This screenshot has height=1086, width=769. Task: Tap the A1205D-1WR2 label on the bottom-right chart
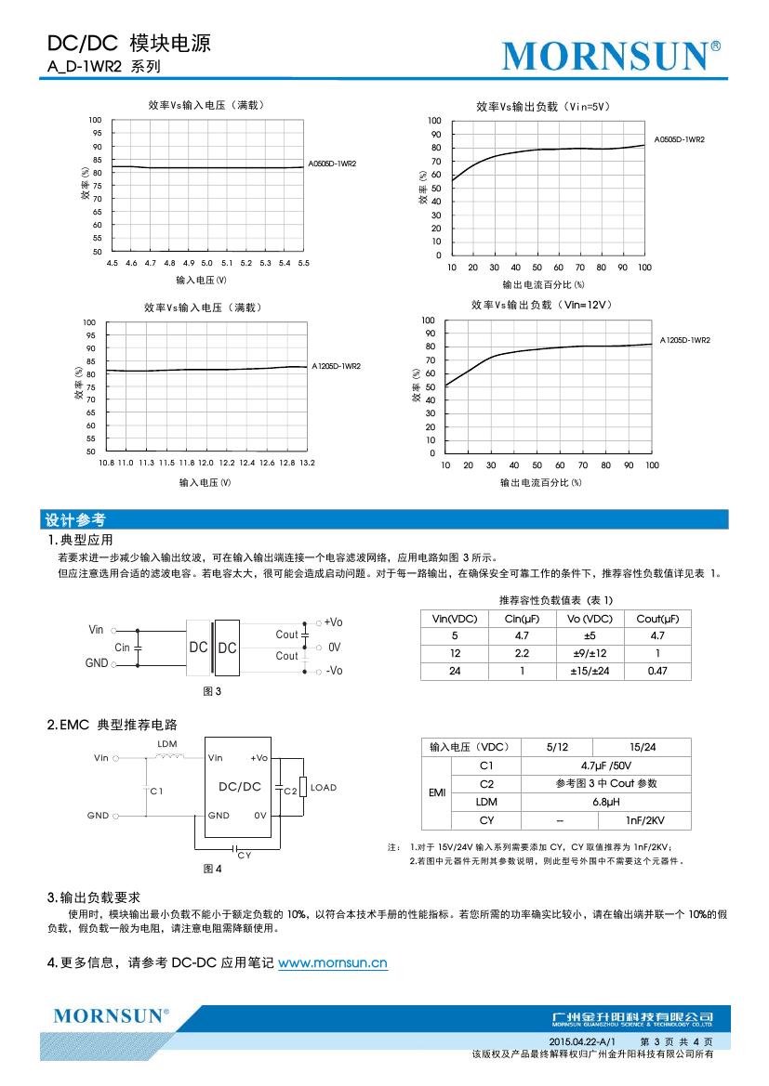coord(685,341)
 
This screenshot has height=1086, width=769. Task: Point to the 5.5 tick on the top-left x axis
coord(303,264)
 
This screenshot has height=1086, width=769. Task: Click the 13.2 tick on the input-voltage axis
coord(306,463)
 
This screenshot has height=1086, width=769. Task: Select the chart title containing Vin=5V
coord(542,107)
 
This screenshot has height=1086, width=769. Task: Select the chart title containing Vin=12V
coord(541,305)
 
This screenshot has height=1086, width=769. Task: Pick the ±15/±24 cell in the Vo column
coord(589,671)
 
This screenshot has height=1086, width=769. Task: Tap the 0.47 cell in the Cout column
coord(656,671)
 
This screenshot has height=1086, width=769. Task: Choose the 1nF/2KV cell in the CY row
coord(644,820)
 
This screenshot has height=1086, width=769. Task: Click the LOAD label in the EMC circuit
coord(324,788)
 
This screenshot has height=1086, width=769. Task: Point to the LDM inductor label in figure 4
coord(167,744)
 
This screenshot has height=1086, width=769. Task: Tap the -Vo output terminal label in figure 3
coord(334,671)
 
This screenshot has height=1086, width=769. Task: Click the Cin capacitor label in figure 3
coord(122,647)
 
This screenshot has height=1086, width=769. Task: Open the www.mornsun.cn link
coord(332,963)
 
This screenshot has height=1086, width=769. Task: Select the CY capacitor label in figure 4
coord(244,855)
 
